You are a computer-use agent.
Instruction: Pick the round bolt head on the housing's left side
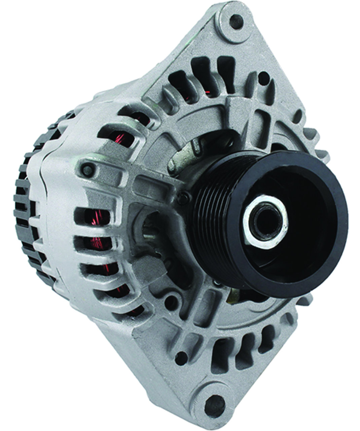pos(87,168)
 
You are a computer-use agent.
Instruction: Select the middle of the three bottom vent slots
pos(242,350)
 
